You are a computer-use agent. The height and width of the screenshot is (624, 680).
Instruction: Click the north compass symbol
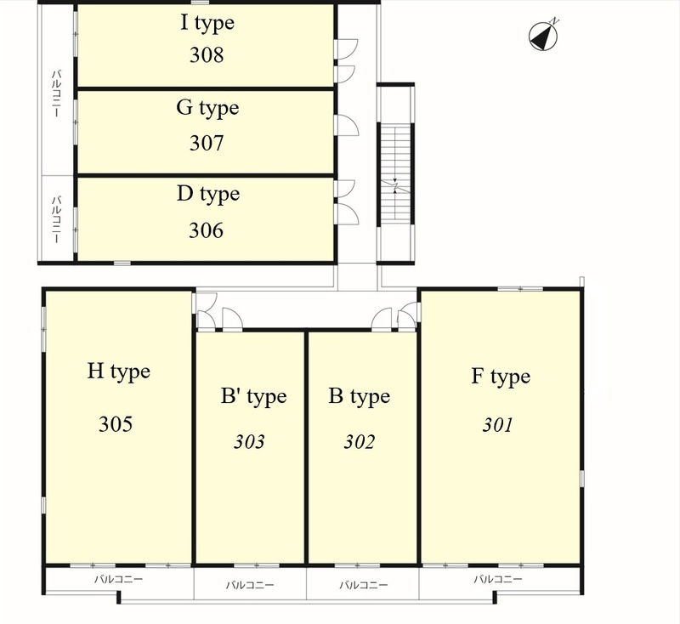pos(543,35)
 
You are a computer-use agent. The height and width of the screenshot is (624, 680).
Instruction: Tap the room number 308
pos(207,55)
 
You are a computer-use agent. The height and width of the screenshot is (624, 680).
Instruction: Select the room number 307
pos(207,143)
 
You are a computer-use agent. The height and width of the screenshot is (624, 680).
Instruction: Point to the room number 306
pos(206,230)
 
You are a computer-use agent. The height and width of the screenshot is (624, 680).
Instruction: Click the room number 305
pos(116,423)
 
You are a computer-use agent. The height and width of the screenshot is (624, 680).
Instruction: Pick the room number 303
pos(249,441)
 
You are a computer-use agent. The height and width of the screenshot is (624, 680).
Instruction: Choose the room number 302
pos(359,441)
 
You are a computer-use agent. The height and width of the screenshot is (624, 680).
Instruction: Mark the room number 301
pos(498,424)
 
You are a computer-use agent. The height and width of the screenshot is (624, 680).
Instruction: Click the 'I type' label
pos(207,23)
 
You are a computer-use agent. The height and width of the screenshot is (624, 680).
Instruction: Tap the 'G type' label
pos(207,108)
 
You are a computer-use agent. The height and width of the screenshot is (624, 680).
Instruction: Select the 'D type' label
pos(208,194)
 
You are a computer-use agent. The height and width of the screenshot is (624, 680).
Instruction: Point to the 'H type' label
pos(118,372)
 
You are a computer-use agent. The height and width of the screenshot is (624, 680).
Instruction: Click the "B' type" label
pos(253,396)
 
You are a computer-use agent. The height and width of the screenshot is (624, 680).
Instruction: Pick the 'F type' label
pos(501,377)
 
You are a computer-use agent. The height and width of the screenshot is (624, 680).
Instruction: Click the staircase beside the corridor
pos(395,173)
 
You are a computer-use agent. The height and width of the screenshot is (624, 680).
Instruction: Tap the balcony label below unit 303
pos(250,585)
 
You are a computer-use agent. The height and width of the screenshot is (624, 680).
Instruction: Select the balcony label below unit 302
pos(364,585)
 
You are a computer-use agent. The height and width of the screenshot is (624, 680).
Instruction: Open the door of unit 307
pos(347,125)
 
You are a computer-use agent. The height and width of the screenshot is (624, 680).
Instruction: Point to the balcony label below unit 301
pos(498,579)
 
